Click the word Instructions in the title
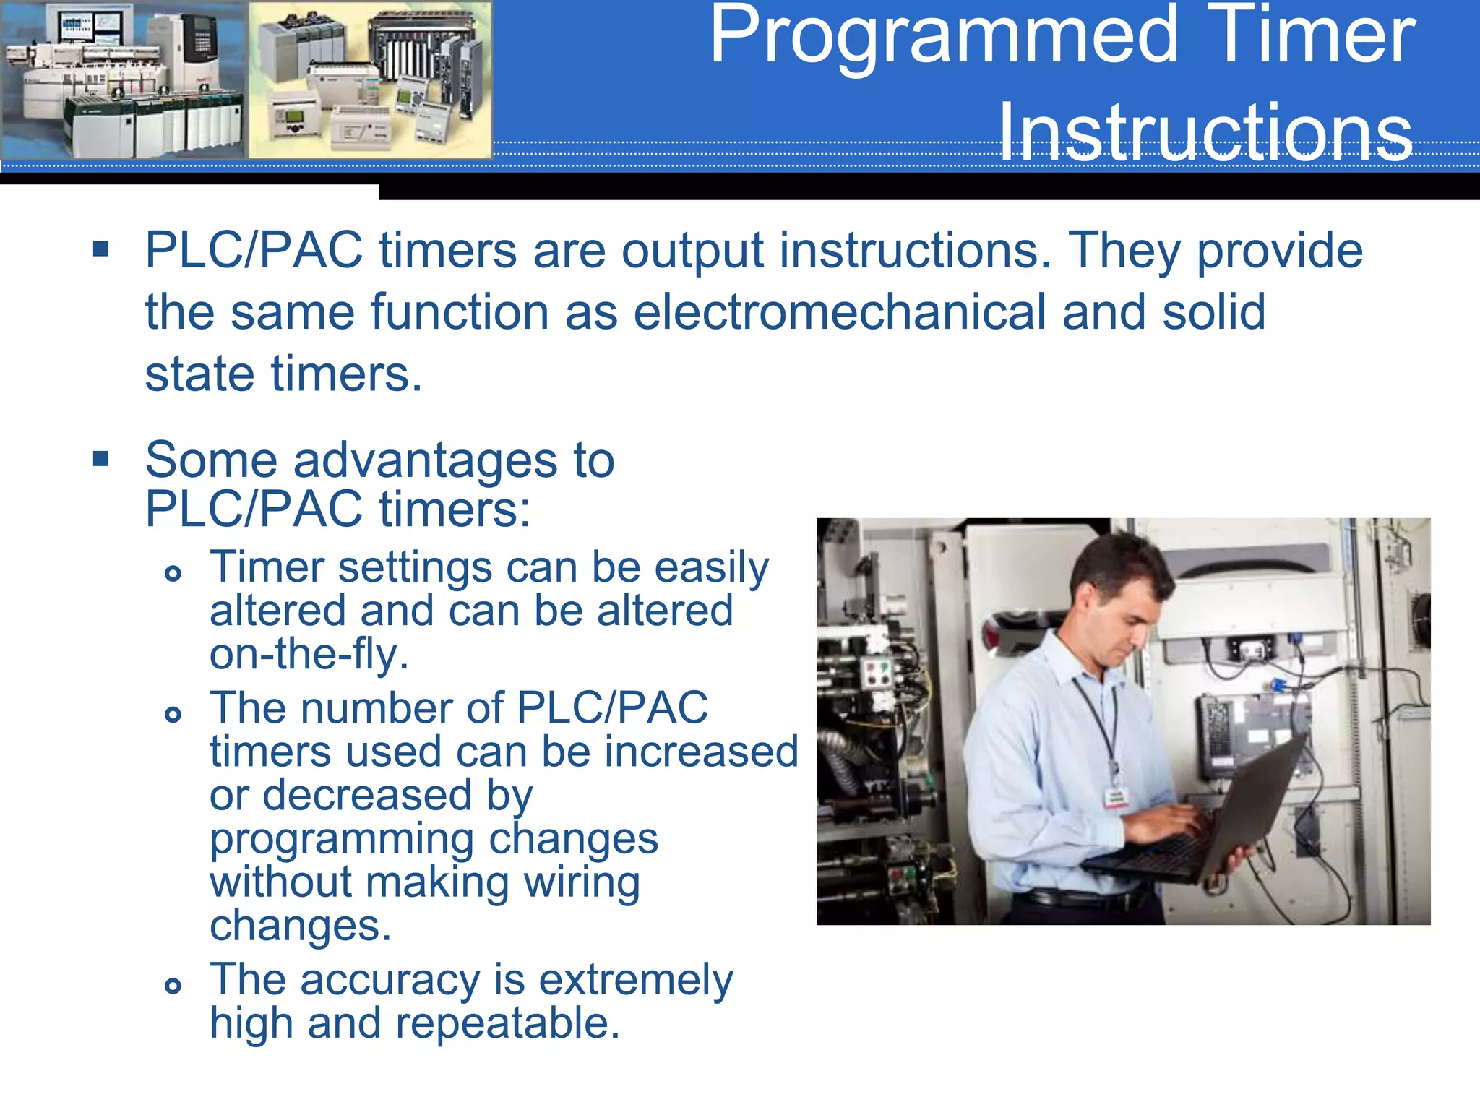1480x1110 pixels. [1205, 133]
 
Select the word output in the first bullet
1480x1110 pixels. [692, 251]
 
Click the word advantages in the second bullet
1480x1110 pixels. [425, 460]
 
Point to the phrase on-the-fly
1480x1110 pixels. [309, 655]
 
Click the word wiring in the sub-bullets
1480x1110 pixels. [582, 882]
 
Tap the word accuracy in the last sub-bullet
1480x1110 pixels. [390, 980]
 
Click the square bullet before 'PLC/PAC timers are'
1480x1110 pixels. [101, 250]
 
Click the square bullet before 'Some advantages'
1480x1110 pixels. [101, 459]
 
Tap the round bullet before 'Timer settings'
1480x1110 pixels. [173, 574]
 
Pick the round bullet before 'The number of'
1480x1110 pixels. [173, 715]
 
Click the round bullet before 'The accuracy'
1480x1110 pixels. [173, 986]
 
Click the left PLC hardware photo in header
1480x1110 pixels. [123, 79]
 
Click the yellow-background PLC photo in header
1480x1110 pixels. [370, 79]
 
